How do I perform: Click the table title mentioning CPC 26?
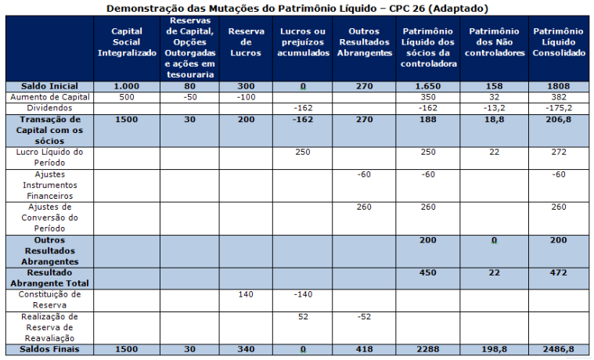(x=297, y=8)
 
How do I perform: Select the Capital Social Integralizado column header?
(x=127, y=41)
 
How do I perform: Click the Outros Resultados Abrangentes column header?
(x=364, y=41)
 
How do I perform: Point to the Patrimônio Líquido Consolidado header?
(x=558, y=41)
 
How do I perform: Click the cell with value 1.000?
(x=127, y=86)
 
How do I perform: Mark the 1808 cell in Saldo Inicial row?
(x=558, y=86)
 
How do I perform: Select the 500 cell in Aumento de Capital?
(x=127, y=96)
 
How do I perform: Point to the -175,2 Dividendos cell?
(x=558, y=107)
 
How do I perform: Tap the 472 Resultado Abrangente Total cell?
(x=558, y=272)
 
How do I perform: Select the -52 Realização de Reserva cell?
(x=364, y=316)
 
